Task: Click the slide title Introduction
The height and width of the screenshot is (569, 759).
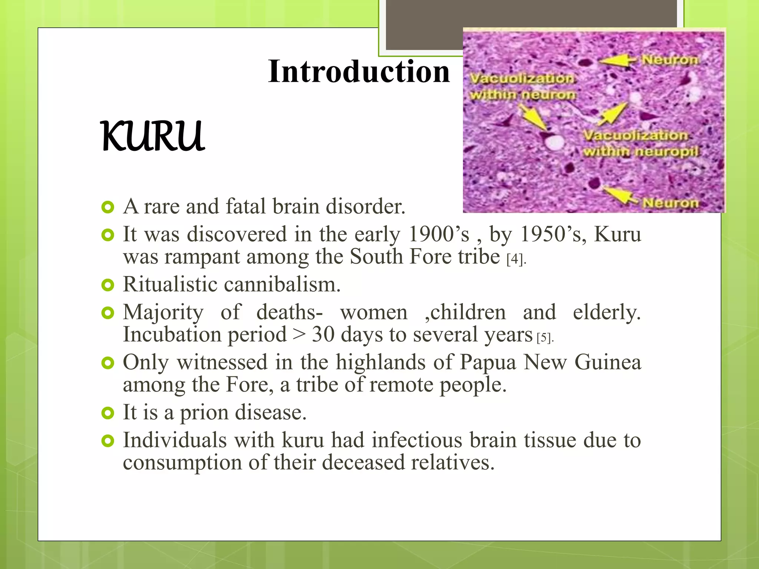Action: pos(359,71)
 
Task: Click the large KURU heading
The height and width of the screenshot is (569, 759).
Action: pos(153,136)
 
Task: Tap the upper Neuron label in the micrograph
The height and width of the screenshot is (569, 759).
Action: pos(670,59)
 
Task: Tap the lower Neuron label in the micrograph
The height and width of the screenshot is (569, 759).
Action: pos(670,203)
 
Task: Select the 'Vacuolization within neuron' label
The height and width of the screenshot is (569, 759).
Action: pos(523,87)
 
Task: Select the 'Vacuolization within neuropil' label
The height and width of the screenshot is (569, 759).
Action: pos(640,143)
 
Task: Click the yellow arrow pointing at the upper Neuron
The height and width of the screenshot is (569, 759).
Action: pos(617,60)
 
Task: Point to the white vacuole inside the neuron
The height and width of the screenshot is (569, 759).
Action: pos(555,142)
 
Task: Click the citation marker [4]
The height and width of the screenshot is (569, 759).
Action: pos(515,259)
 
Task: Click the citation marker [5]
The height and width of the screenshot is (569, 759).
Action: pos(544,337)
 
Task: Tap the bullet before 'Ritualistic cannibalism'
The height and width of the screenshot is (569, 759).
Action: pos(107,285)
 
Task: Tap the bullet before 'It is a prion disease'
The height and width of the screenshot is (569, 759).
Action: pos(107,413)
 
